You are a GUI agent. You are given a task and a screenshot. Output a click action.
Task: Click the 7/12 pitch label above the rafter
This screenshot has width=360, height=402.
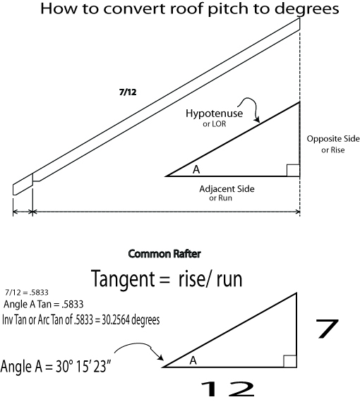[128, 92]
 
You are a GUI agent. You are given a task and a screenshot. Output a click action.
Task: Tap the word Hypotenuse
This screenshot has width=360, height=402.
[215, 114]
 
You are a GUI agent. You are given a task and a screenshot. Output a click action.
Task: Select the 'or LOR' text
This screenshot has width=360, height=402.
[215, 124]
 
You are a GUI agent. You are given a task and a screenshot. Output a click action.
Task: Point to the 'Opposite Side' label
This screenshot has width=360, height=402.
[333, 139]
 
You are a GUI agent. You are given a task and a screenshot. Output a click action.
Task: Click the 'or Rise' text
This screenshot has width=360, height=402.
[332, 150]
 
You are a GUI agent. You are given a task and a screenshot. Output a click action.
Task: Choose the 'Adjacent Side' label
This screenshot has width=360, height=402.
[227, 189]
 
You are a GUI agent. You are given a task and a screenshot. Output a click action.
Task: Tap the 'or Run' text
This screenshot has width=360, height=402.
[220, 198]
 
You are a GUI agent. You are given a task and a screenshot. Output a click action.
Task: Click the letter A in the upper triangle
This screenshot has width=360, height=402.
[196, 169]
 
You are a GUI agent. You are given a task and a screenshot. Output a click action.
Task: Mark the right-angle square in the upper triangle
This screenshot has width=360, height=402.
[293, 171]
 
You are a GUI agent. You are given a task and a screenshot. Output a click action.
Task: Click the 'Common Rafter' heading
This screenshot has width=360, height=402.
[164, 254]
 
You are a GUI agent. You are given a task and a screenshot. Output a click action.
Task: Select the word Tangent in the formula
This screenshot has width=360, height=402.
[123, 279]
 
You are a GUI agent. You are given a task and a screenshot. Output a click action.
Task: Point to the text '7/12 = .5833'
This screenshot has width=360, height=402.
[27, 292]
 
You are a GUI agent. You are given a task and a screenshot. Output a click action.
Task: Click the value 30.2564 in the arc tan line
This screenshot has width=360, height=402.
[115, 320]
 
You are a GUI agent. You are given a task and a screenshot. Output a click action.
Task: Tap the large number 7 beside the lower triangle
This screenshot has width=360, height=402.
[327, 329]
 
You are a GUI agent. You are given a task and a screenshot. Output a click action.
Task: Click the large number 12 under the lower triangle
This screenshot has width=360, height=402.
[227, 389]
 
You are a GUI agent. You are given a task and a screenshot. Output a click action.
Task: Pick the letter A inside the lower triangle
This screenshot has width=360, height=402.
[193, 360]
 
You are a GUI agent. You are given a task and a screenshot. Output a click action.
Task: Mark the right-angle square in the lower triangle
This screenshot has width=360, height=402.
[290, 361]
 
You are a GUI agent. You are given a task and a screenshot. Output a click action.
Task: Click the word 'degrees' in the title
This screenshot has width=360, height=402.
[307, 9]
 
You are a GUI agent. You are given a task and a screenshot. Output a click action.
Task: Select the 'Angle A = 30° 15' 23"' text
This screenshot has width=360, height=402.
[56, 366]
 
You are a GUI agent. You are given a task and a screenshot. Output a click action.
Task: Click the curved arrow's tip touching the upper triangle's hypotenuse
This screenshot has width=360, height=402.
[258, 122]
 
